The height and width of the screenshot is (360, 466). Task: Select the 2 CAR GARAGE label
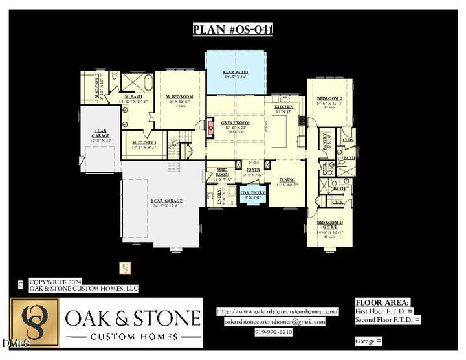(166, 202)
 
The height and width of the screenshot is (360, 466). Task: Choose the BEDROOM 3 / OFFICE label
(329, 225)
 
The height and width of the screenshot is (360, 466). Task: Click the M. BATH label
(134, 97)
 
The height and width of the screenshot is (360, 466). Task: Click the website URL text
(278, 311)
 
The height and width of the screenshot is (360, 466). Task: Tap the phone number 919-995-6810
(274, 332)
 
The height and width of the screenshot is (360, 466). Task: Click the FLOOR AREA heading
(383, 302)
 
